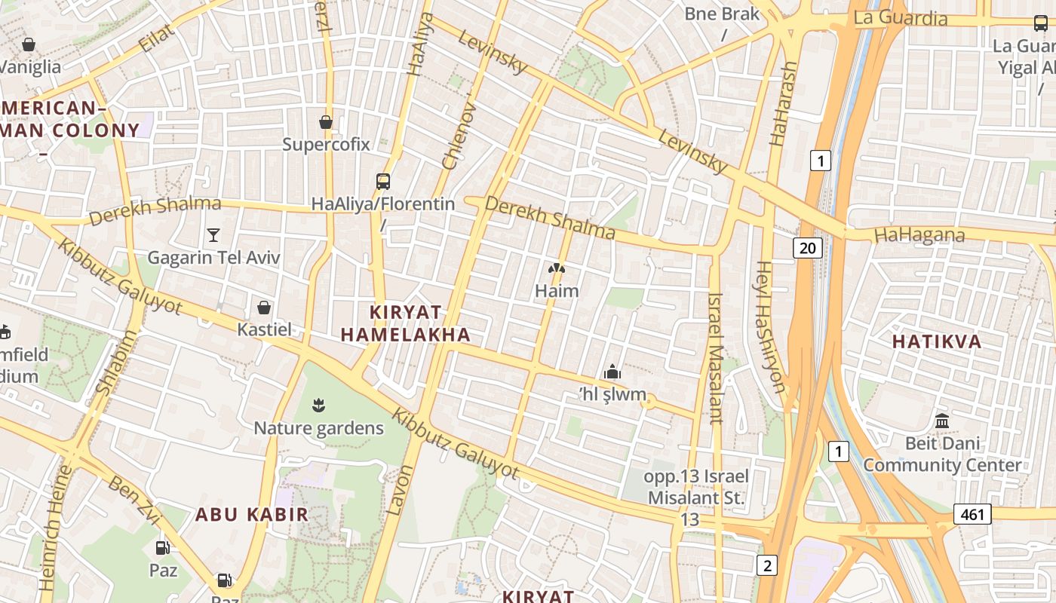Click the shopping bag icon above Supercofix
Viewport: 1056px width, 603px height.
326,122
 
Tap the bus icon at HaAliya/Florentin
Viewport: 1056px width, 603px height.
383,182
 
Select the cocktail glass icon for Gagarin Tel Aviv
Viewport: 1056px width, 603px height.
213,235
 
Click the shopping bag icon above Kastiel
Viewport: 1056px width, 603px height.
264,308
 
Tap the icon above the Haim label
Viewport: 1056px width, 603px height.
557,268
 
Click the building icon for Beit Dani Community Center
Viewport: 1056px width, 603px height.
942,421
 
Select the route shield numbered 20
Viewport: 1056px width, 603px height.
807,247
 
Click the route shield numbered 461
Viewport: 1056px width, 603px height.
972,514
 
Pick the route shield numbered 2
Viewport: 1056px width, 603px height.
766,565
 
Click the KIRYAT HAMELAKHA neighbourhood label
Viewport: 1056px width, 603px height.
405,323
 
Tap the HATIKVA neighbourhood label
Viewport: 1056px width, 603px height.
937,341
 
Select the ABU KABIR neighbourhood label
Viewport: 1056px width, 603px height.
252,515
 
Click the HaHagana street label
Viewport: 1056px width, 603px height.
919,235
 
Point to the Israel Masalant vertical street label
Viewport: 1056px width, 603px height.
715,358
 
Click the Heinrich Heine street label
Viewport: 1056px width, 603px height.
55,528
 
